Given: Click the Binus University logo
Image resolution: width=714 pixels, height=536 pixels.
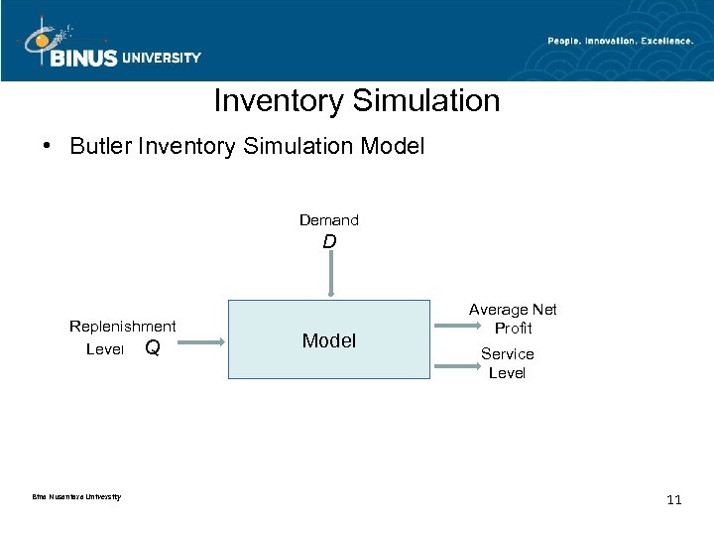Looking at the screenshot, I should coord(109,45).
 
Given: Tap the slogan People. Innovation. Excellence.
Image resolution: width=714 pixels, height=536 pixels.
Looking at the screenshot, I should coord(621,41).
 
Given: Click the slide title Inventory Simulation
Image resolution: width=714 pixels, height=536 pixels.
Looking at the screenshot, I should coord(356,101).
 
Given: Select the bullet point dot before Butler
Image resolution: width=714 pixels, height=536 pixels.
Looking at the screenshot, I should coord(48,147).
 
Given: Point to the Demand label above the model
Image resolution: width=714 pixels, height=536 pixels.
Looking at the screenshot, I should coord(329,219).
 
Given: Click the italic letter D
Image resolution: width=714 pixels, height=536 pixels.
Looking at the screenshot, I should coord(329,241).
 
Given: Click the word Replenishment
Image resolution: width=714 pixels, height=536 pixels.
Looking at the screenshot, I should coord(122,326).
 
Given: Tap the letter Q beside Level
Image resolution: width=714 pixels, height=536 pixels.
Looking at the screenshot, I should coord(152,347).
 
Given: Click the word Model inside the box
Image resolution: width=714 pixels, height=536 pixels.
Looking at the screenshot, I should coord(328,340).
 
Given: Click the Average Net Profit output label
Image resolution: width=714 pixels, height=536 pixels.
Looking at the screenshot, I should coord(513,319).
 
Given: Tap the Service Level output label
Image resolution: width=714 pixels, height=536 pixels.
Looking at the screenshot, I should coord(507,363).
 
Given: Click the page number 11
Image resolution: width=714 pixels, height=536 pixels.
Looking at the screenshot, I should coord(674,499).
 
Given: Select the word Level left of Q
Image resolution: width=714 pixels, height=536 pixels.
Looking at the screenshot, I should coord(105,348).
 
